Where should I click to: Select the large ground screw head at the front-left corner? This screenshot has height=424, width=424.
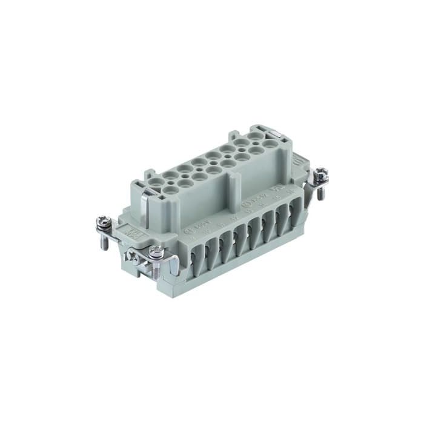pos(156,253)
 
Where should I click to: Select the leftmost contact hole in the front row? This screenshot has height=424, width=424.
pos(171,188)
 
